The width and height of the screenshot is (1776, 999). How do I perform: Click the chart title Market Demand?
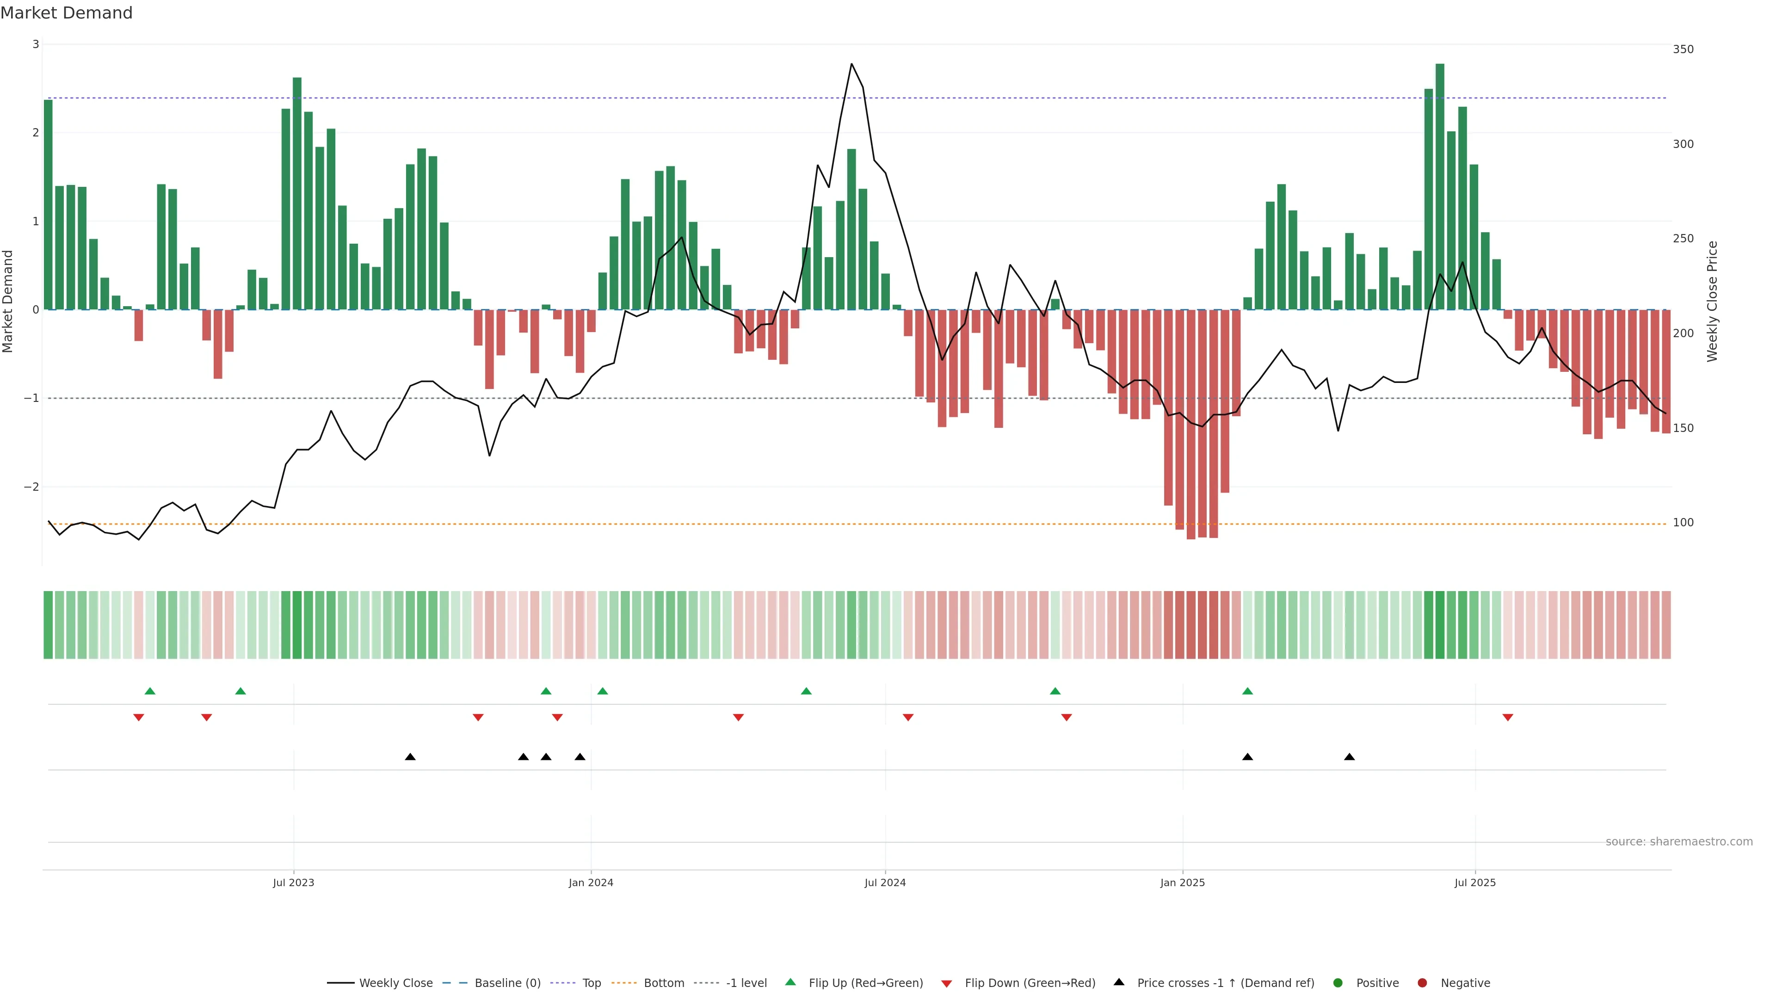click(x=66, y=13)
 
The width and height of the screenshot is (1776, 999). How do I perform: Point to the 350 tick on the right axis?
click(x=1683, y=49)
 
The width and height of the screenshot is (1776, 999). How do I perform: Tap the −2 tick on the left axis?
click(x=32, y=487)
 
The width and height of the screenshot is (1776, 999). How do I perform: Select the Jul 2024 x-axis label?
click(x=885, y=882)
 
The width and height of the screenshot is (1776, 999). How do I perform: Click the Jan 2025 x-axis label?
click(x=1183, y=882)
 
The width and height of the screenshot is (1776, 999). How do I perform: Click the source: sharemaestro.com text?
click(x=1679, y=842)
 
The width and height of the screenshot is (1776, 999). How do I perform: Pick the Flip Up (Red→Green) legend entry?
click(x=865, y=983)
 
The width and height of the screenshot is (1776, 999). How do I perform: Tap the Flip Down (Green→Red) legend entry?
click(x=1030, y=983)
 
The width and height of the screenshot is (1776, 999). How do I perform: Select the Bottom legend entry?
click(x=663, y=983)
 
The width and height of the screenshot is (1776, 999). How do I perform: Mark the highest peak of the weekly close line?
click(x=851, y=64)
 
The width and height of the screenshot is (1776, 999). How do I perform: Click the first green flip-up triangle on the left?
click(x=149, y=691)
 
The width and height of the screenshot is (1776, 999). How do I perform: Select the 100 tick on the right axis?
click(x=1683, y=523)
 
